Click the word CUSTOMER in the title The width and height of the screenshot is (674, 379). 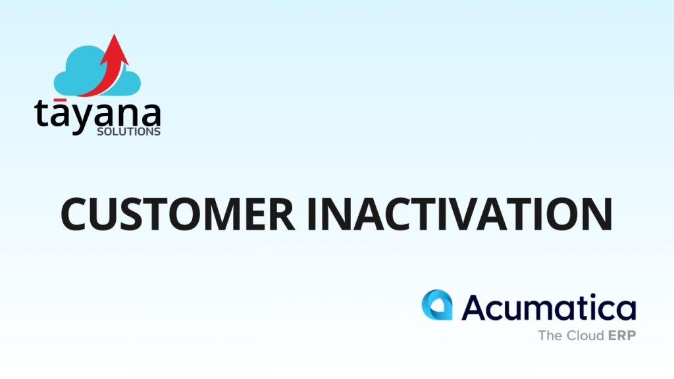(178, 214)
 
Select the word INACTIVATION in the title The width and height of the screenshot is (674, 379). (459, 214)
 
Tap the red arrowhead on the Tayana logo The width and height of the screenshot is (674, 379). (115, 49)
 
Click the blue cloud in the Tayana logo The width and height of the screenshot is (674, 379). (97, 71)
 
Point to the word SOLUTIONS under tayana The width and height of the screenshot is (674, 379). (128, 132)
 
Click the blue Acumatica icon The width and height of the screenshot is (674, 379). (437, 305)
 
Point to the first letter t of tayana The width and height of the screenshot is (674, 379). (41, 114)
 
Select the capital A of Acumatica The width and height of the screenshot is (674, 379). (475, 307)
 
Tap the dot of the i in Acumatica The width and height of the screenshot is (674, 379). (586, 296)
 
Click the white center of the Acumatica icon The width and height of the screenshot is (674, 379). (438, 307)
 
